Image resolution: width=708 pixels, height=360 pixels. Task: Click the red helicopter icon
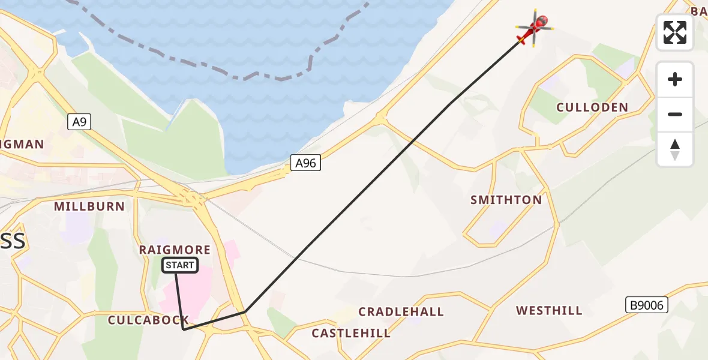point(533,28)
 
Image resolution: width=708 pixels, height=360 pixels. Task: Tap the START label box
point(180,265)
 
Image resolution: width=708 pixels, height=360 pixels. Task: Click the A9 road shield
point(79,122)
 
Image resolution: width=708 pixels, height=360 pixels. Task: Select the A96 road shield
point(306,163)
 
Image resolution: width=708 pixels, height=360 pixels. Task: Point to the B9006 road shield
point(647,305)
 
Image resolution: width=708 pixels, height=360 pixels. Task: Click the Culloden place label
point(592,107)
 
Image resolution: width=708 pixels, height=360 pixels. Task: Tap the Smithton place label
point(506,200)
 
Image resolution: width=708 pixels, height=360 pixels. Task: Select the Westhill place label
point(549,310)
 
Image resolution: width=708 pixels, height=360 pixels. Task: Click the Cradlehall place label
point(401,311)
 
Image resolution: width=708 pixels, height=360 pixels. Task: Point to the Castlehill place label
point(350,332)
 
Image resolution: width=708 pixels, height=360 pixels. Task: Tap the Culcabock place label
point(148,320)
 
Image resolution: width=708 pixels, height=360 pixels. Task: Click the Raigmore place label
point(175,250)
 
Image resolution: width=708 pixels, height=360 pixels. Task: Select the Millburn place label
point(89,206)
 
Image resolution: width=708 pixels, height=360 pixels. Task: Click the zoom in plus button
point(675,79)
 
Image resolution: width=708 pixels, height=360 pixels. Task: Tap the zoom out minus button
point(675,114)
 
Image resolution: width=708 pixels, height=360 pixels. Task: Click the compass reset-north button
point(675,149)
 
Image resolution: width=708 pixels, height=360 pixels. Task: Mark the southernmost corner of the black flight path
point(184,329)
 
